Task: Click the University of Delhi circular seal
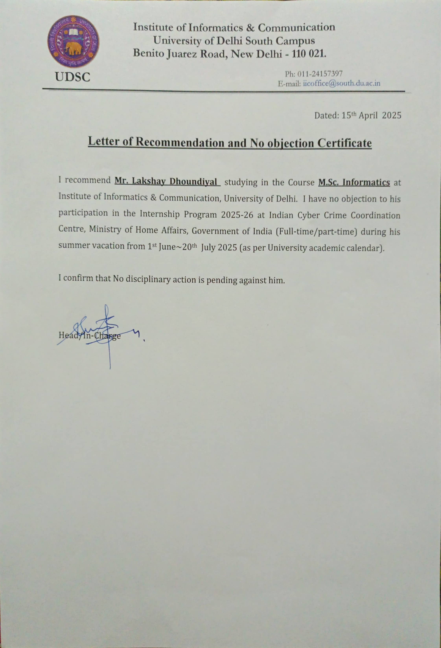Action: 73,41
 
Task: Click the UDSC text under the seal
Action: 73,77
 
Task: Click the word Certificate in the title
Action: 345,143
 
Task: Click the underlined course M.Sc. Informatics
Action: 354,183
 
